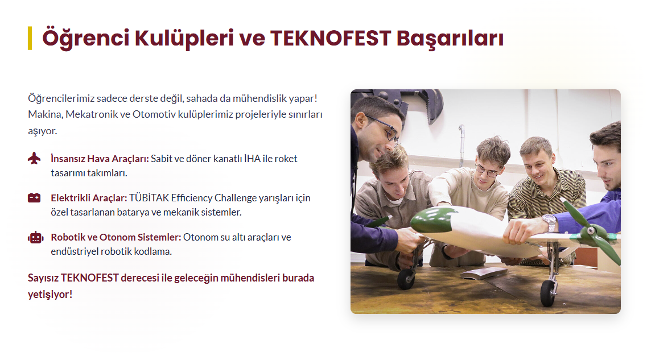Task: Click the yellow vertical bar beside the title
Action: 30,38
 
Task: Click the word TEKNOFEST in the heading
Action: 331,38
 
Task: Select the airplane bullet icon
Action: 34,158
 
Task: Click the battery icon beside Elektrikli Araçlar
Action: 34,198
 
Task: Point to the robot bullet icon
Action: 35,237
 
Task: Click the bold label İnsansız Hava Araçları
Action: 100,159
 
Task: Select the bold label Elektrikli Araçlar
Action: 89,198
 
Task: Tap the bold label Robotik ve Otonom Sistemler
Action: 116,237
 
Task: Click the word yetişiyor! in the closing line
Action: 50,295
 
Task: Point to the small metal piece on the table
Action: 484,273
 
